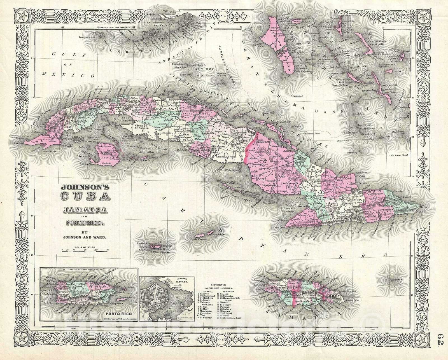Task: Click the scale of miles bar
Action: (86, 252)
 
